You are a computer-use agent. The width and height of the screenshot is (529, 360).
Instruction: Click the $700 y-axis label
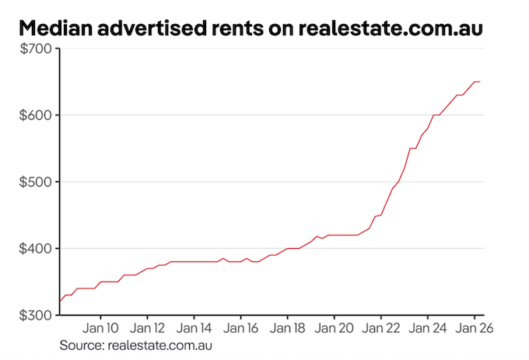coord(34,49)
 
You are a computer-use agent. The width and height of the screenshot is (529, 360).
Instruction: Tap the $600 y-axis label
coord(34,115)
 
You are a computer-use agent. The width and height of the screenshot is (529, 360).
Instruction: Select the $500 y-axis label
coord(34,182)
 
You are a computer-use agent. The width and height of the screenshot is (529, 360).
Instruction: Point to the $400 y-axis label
coord(34,249)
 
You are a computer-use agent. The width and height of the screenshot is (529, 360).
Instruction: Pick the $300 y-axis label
coord(34,315)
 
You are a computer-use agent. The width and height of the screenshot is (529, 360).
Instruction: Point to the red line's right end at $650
coord(480,82)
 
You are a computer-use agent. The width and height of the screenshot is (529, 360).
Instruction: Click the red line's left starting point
coord(60,301)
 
